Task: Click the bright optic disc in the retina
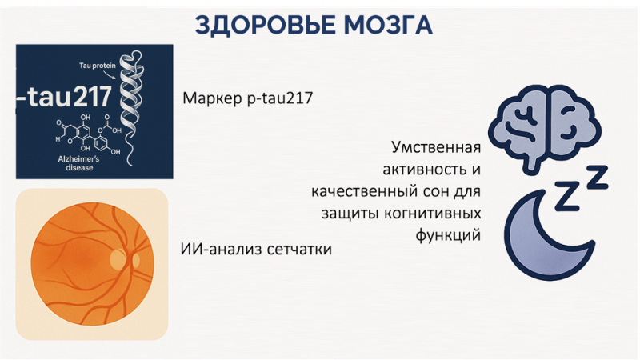click(118, 260)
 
